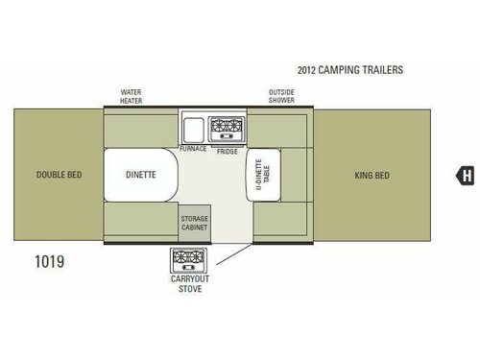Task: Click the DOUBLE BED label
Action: coord(57,176)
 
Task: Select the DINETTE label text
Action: coord(141,176)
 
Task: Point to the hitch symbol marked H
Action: coord(467,176)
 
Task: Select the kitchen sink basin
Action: coord(191,127)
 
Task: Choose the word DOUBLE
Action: coord(48,176)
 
